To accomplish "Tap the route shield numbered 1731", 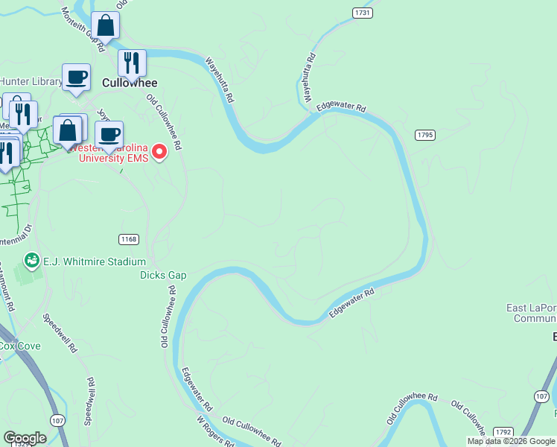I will [363, 13].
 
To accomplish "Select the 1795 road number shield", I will [425, 135].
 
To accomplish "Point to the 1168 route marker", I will [129, 238].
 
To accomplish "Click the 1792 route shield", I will [503, 432].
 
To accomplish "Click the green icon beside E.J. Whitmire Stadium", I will [32, 260].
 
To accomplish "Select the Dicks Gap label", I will [163, 275].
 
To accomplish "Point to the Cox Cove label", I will [19, 346].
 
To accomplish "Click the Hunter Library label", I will [30, 82].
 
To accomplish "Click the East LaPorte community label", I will [532, 313].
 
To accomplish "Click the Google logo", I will [25, 438].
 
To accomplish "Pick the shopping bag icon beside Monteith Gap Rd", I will [106, 26].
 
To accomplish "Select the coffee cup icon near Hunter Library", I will [76, 77].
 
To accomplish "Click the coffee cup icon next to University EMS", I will [109, 135].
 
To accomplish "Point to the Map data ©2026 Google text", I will [511, 441].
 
